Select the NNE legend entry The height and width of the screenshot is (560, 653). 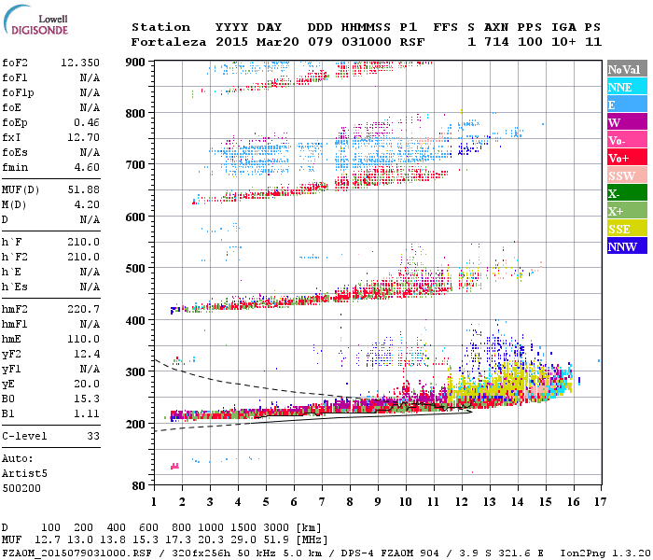(x=620, y=87)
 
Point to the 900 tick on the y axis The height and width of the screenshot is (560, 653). (x=136, y=62)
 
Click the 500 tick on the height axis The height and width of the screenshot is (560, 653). (x=136, y=269)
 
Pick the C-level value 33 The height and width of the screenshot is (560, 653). (x=91, y=435)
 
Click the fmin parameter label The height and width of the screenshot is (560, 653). (x=15, y=168)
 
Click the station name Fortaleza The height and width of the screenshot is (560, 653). (x=164, y=42)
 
